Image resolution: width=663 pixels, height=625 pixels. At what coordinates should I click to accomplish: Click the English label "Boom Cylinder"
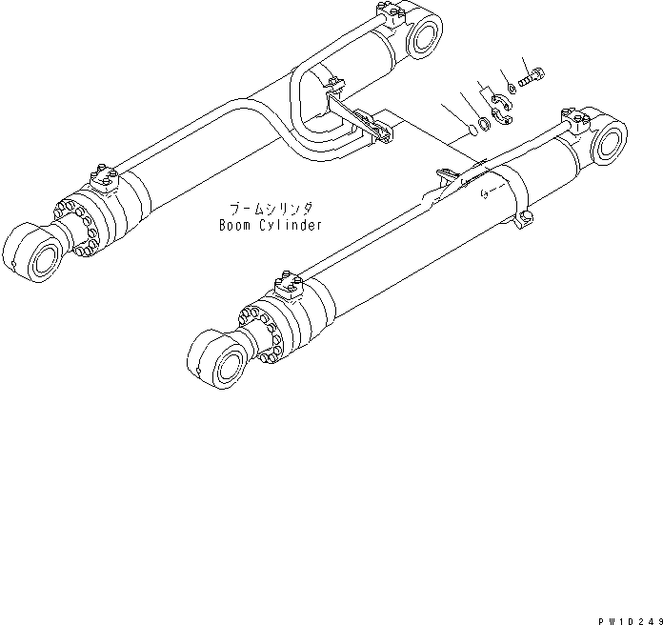point(268,225)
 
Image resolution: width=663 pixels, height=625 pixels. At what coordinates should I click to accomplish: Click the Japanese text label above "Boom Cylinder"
point(269,208)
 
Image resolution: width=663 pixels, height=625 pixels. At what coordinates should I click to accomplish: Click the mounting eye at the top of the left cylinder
point(424,36)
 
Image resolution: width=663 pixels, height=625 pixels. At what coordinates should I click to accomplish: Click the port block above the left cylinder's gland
point(104,177)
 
